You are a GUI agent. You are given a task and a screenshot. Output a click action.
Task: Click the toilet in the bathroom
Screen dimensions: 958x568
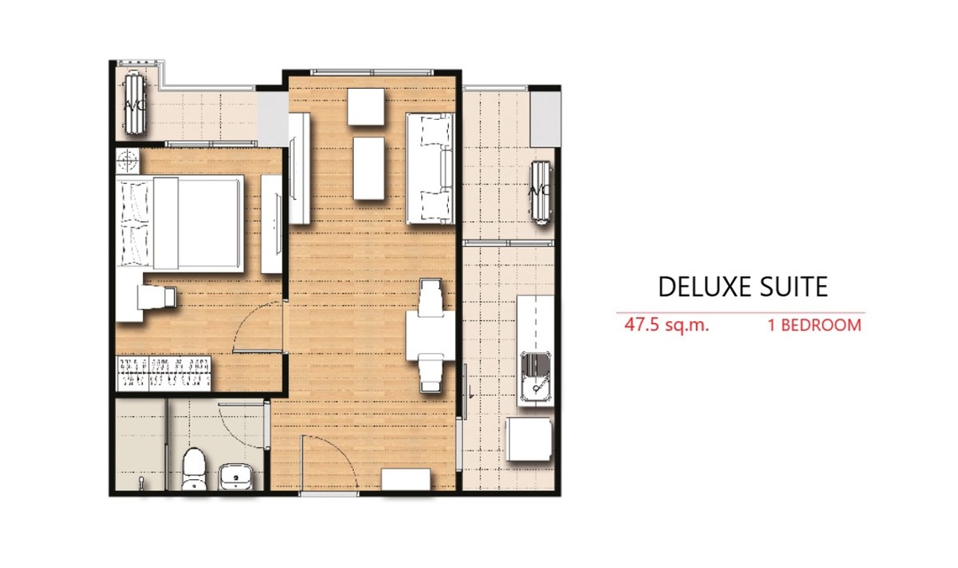[x=194, y=469]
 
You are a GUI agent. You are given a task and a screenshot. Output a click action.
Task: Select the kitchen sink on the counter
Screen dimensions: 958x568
[x=535, y=377]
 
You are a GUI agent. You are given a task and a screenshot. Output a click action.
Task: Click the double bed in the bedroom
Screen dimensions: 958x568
[x=179, y=223]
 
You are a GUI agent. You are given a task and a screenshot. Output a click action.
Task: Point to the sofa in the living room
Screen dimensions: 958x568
[x=430, y=168]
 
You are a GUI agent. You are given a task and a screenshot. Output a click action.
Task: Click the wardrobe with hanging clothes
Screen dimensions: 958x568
[x=163, y=373]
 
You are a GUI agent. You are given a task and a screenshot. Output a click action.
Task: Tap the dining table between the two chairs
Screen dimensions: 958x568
[x=431, y=335]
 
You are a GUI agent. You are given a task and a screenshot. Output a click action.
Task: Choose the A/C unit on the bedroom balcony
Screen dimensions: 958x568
[x=135, y=102]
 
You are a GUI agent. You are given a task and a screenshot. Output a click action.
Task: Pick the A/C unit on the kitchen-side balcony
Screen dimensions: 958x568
[x=541, y=192]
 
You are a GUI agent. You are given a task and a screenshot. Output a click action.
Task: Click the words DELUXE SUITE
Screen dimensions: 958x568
[x=742, y=287]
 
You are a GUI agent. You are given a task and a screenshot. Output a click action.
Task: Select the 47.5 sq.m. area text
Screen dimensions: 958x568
[x=666, y=325]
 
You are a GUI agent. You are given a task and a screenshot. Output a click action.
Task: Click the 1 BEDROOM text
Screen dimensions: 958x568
[x=814, y=325]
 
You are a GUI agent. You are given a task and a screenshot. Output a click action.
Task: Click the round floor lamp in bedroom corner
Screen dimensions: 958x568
[x=127, y=161]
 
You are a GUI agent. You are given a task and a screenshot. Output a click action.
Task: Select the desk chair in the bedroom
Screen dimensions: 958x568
[x=156, y=298]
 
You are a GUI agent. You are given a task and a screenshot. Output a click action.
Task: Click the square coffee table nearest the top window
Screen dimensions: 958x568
[x=366, y=107]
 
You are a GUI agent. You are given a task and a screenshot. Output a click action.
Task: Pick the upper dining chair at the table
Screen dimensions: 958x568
[x=431, y=297]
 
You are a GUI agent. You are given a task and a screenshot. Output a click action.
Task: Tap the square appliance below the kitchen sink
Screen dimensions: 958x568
[x=529, y=439]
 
